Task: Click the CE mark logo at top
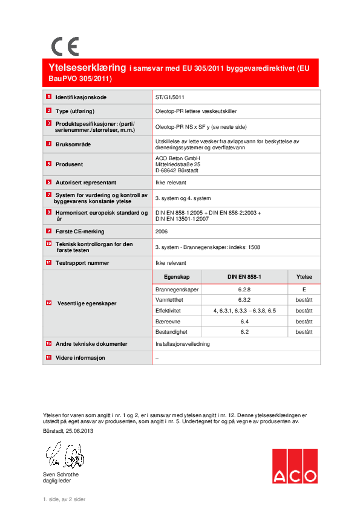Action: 64,47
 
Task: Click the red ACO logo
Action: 293,467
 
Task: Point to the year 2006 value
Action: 162,231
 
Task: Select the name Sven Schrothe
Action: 61,475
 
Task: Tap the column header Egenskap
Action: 177,276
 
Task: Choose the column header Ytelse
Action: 304,276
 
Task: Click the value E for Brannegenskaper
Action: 304,290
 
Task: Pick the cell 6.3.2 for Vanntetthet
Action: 244,300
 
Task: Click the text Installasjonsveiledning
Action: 182,343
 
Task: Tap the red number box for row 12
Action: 48,303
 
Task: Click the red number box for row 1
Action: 48,97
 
